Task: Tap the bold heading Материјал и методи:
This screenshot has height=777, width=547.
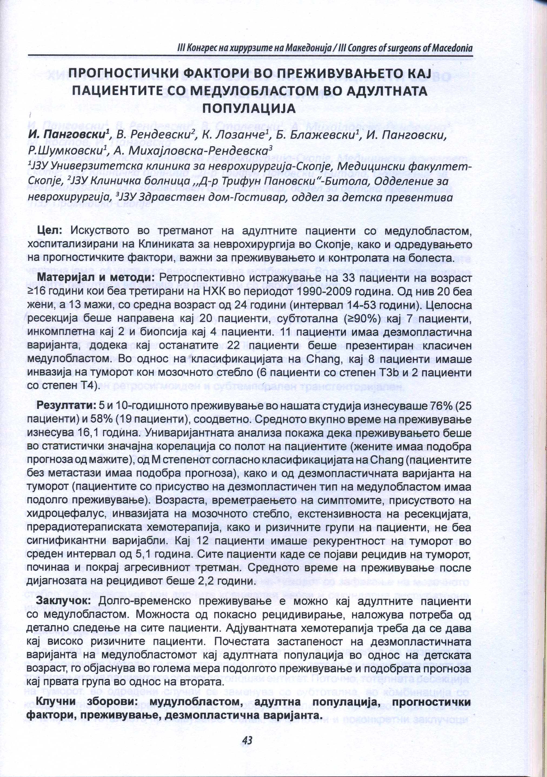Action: click(x=96, y=278)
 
